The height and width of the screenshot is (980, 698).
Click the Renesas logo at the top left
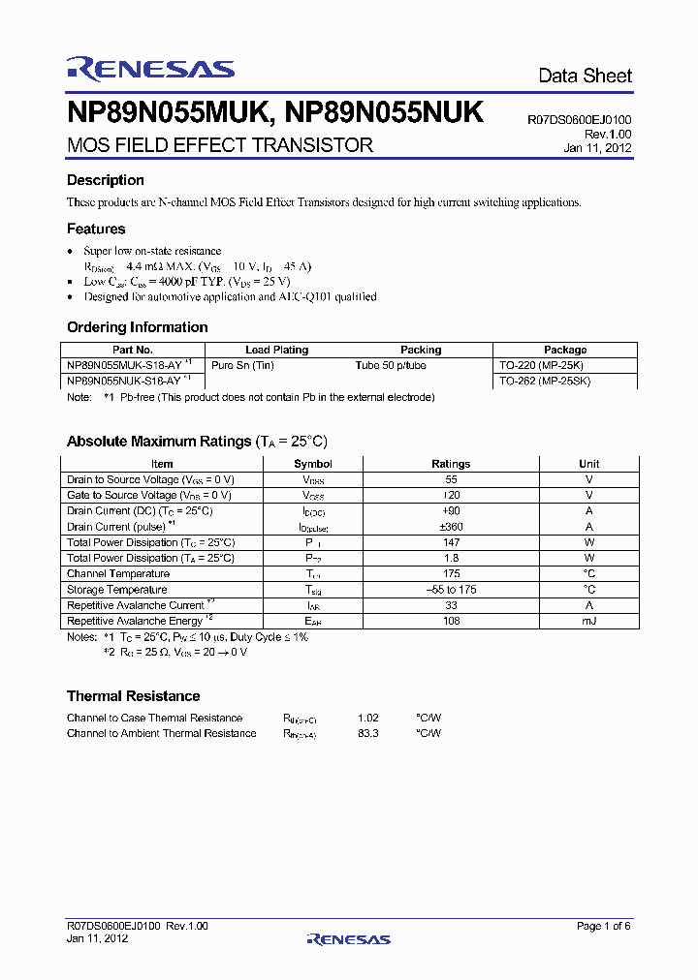tap(150, 68)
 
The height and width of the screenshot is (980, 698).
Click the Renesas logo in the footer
tap(348, 938)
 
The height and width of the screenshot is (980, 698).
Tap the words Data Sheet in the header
tap(585, 76)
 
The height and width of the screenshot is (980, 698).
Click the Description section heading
tap(105, 180)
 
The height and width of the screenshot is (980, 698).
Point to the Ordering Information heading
tap(137, 327)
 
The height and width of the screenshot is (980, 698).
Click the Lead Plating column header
tap(276, 350)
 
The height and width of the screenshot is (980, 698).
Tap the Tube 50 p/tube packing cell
tap(391, 365)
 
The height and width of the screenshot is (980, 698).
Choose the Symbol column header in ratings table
tap(313, 464)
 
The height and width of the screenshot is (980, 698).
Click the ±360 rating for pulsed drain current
tap(451, 527)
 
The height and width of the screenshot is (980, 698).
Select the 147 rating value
tap(451, 542)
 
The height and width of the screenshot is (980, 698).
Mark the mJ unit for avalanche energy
tap(588, 621)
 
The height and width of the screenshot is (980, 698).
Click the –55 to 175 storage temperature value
tap(451, 590)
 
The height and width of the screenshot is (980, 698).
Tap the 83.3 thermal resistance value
tap(367, 733)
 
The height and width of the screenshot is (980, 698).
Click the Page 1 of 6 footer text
tap(603, 926)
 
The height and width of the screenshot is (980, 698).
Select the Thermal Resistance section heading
tap(133, 696)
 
